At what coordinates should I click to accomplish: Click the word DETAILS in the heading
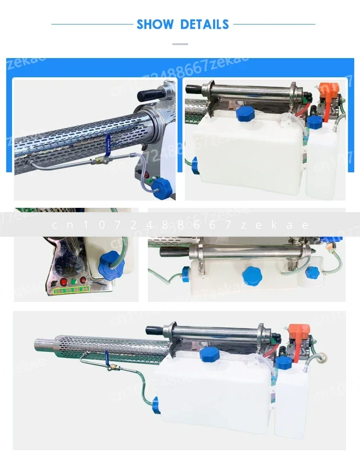click(x=205, y=24)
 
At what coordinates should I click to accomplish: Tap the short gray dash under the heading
click(x=180, y=44)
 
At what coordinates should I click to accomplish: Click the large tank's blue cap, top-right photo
click(x=246, y=114)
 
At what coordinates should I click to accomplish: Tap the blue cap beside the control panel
click(x=107, y=262)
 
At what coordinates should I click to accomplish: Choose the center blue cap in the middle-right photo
click(x=252, y=275)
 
